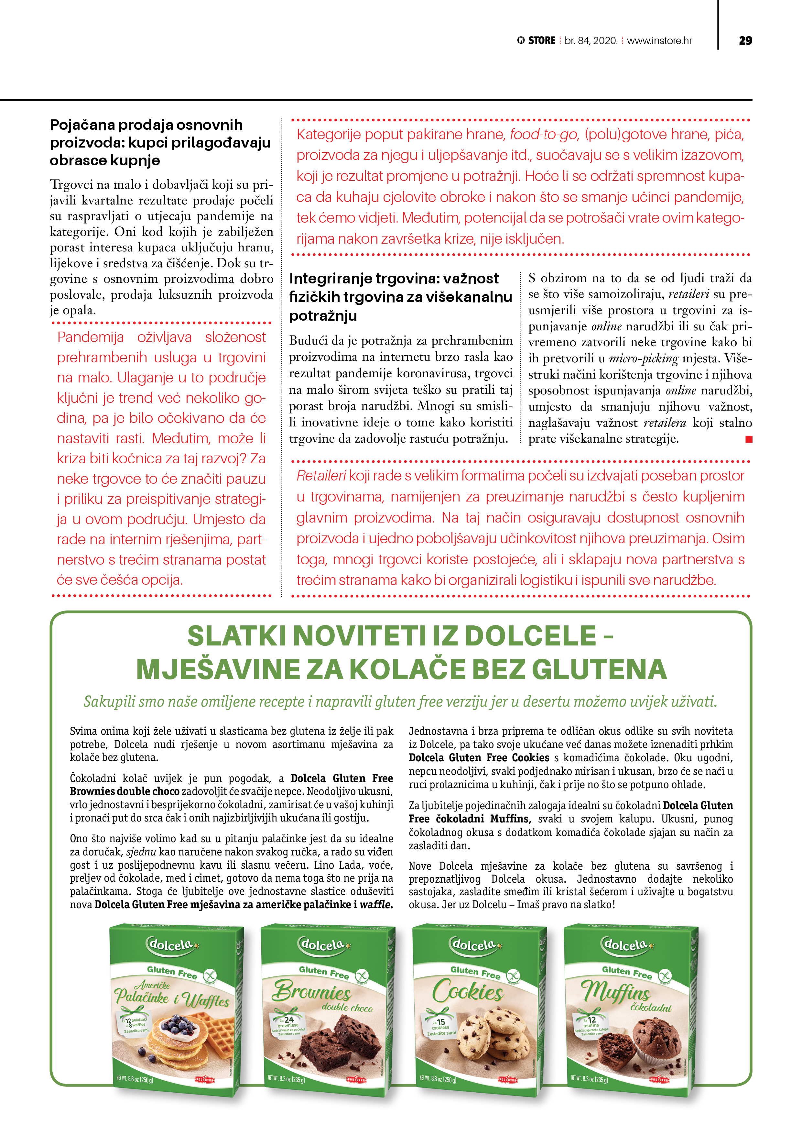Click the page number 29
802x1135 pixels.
(x=745, y=40)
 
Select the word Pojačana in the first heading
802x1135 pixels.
(x=82, y=125)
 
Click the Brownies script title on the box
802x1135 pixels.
(x=311, y=990)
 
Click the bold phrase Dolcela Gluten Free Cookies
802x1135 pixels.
(x=478, y=758)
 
